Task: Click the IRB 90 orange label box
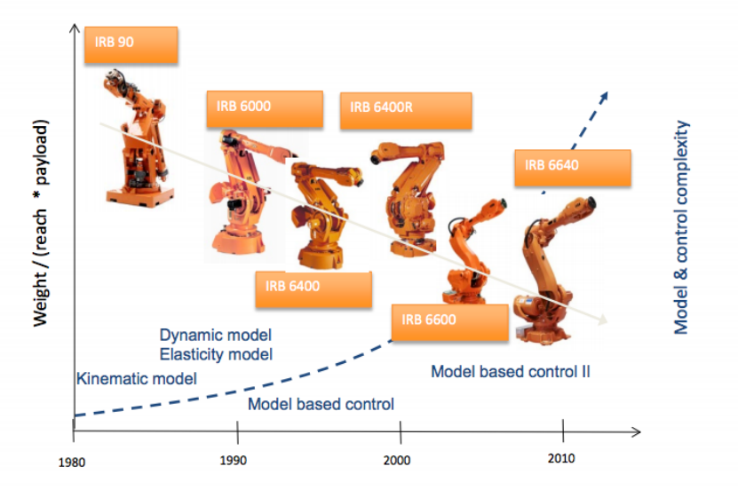pyautogui.click(x=131, y=44)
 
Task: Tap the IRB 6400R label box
pyautogui.click(x=406, y=110)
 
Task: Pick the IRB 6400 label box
pyautogui.click(x=313, y=289)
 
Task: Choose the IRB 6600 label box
pyautogui.click(x=450, y=322)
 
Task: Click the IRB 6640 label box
pyautogui.click(x=573, y=168)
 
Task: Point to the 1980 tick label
pyautogui.click(x=72, y=462)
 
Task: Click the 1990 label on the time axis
pyautogui.click(x=234, y=461)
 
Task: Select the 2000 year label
pyautogui.click(x=397, y=461)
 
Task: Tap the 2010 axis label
pyautogui.click(x=561, y=459)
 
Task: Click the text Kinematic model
pyautogui.click(x=137, y=378)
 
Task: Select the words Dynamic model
pyautogui.click(x=216, y=335)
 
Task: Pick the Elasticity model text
pyautogui.click(x=216, y=354)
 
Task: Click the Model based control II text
pyautogui.click(x=511, y=372)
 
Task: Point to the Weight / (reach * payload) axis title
pyautogui.click(x=41, y=224)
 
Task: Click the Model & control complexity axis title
pyautogui.click(x=681, y=227)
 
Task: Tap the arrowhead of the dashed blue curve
pyautogui.click(x=604, y=96)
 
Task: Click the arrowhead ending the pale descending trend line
pyautogui.click(x=602, y=320)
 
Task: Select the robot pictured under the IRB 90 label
pyautogui.click(x=137, y=138)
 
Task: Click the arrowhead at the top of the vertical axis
pyautogui.click(x=75, y=28)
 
